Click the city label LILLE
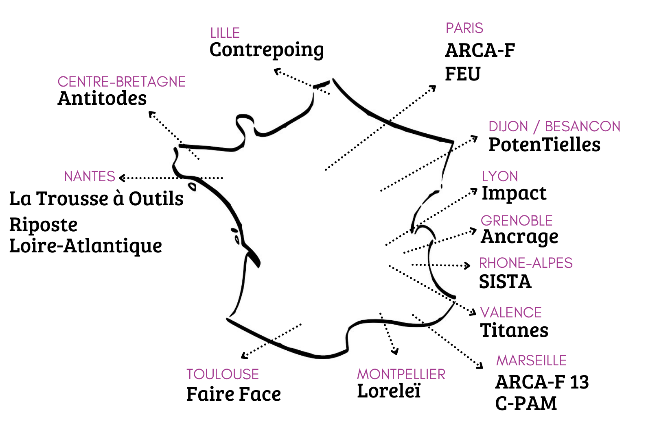coord(225,33)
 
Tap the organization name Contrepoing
coord(267,50)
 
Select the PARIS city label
coord(464,28)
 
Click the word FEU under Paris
coord(462,74)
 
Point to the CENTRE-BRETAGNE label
coord(121,82)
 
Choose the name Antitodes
coord(102,98)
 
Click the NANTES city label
coord(90,176)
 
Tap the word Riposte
coord(43,225)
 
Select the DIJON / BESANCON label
coord(554,126)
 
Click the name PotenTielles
coord(544,145)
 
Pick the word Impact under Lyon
coord(514,193)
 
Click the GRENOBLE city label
coord(517,221)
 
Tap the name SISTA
coord(505,282)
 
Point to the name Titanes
coord(514,330)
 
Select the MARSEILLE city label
coord(531,360)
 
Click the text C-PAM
coord(526,404)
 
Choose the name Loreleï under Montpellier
coord(388,391)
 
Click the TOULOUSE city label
coord(222,374)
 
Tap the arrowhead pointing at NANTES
coord(122,178)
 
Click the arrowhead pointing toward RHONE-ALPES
coord(468,265)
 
